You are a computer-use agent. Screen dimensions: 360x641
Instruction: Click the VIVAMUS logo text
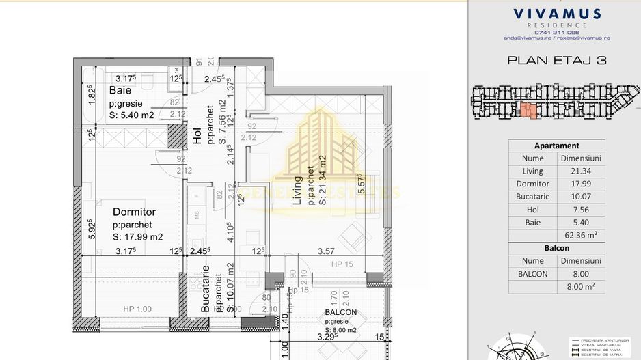557,14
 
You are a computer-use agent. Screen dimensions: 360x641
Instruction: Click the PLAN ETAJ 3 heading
557,60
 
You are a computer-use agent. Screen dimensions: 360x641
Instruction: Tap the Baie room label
120,90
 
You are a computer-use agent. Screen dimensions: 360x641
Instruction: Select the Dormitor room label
134,212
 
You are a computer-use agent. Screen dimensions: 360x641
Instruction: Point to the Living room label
297,191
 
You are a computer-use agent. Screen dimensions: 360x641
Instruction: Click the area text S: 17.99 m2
137,237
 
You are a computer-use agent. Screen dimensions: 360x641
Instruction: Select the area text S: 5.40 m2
131,115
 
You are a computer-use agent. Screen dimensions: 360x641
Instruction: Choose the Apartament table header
556,146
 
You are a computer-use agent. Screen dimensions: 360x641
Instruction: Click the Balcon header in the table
556,248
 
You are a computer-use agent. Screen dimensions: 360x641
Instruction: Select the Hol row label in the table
532,210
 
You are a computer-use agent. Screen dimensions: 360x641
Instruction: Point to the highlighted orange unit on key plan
529,111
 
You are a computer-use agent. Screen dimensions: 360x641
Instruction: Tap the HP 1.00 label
137,309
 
